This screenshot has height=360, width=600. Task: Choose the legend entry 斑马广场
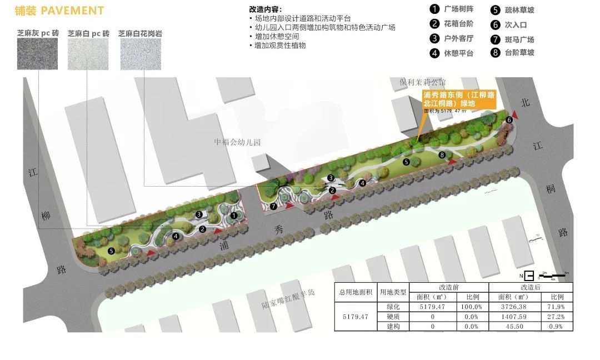519,39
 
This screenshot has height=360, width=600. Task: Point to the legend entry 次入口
516,25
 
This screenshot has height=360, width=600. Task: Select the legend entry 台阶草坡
519,53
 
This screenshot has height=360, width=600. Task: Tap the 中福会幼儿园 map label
237,142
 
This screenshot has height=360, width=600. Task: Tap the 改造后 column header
531,287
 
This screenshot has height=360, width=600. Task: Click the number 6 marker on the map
509,120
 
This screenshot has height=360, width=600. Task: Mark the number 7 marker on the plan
273,206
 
